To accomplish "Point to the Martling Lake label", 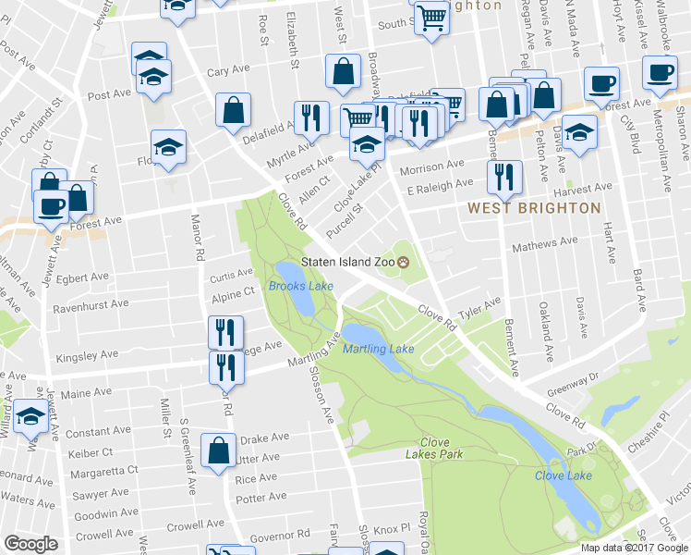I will pos(378,349).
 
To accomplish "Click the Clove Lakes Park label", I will pos(433,449).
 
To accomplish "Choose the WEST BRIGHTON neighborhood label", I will pos(534,208).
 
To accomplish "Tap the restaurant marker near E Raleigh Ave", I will pos(504,177).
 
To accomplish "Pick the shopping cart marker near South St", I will pos(431,18).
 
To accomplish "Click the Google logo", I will pos(30,544).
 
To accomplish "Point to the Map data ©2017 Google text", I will pos(634,547).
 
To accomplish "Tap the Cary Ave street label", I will pos(228,71).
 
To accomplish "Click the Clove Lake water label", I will pos(563,475).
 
